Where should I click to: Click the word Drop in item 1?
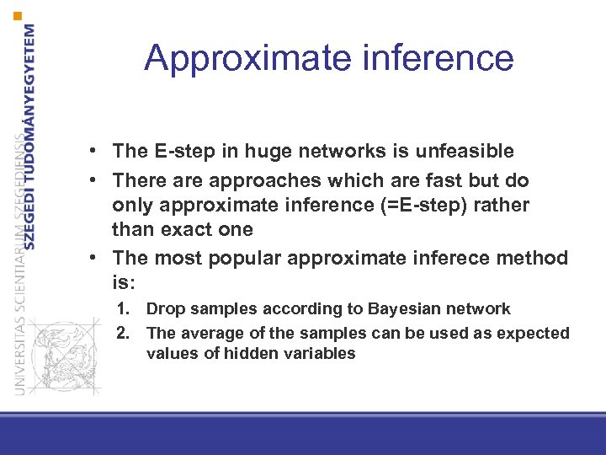[x=163, y=309]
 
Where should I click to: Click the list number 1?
[x=122, y=309]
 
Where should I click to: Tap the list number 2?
[x=122, y=333]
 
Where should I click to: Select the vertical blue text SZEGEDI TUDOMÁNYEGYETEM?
[x=31, y=135]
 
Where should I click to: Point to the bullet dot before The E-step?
[x=99, y=152]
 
